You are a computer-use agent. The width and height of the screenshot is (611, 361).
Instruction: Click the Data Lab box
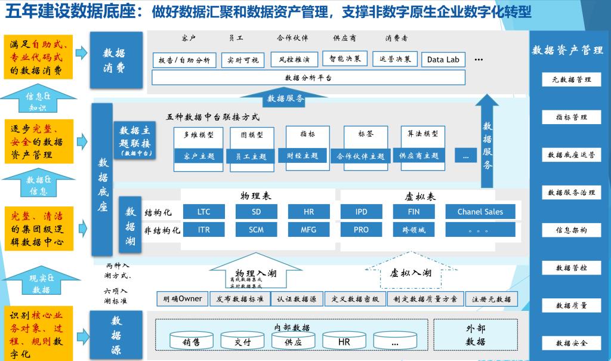(x=443, y=60)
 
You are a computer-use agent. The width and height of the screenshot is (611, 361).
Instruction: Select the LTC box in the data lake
(x=204, y=212)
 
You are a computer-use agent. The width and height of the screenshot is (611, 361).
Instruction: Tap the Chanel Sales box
(x=480, y=212)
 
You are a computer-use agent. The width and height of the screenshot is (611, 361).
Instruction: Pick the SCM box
(x=256, y=230)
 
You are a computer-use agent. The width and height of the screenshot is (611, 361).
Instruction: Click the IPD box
(x=361, y=212)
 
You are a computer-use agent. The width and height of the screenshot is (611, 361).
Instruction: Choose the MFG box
(x=308, y=230)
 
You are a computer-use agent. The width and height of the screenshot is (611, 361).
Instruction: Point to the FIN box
(x=413, y=212)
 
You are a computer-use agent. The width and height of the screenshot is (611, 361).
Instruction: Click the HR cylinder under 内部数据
(x=344, y=342)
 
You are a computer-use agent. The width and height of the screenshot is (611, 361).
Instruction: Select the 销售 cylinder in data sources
(x=191, y=342)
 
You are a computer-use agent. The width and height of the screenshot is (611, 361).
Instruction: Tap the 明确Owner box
(x=183, y=299)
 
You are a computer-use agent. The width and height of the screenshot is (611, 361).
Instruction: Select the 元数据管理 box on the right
(x=571, y=79)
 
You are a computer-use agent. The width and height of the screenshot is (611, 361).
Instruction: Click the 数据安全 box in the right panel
(x=571, y=343)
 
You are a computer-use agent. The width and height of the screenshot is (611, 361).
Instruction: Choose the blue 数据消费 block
(x=116, y=60)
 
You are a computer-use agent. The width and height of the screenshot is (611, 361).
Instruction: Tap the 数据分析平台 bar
(x=308, y=78)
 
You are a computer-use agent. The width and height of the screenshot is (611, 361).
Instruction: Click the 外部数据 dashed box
(x=476, y=335)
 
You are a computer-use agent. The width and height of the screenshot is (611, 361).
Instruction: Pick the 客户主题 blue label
(x=199, y=156)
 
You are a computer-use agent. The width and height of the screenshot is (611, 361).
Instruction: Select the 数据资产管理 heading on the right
(x=567, y=50)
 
